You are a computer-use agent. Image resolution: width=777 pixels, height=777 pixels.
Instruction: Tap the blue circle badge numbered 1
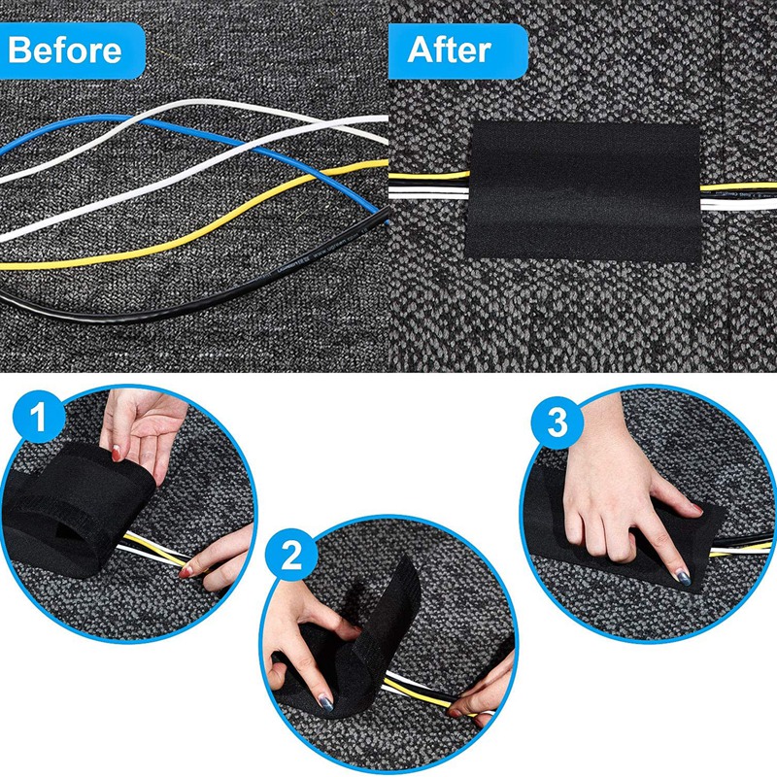pos(36,421)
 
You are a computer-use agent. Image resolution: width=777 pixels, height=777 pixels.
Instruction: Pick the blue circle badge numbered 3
pos(556,421)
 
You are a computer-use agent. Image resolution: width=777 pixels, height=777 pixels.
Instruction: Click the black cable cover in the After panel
pos(583,194)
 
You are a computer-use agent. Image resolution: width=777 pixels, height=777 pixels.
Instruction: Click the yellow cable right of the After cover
pos(738,186)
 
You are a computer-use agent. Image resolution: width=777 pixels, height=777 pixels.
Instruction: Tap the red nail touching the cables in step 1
pos(184,573)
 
